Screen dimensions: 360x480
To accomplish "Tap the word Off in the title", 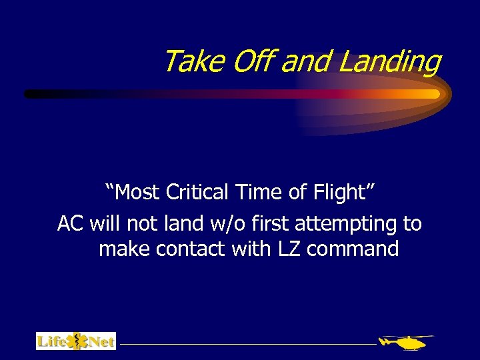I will [x=254, y=62].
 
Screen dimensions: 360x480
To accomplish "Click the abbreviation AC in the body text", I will [x=71, y=223].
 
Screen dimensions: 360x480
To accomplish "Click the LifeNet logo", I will [x=75, y=341].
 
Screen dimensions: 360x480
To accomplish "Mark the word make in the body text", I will [x=125, y=249].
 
